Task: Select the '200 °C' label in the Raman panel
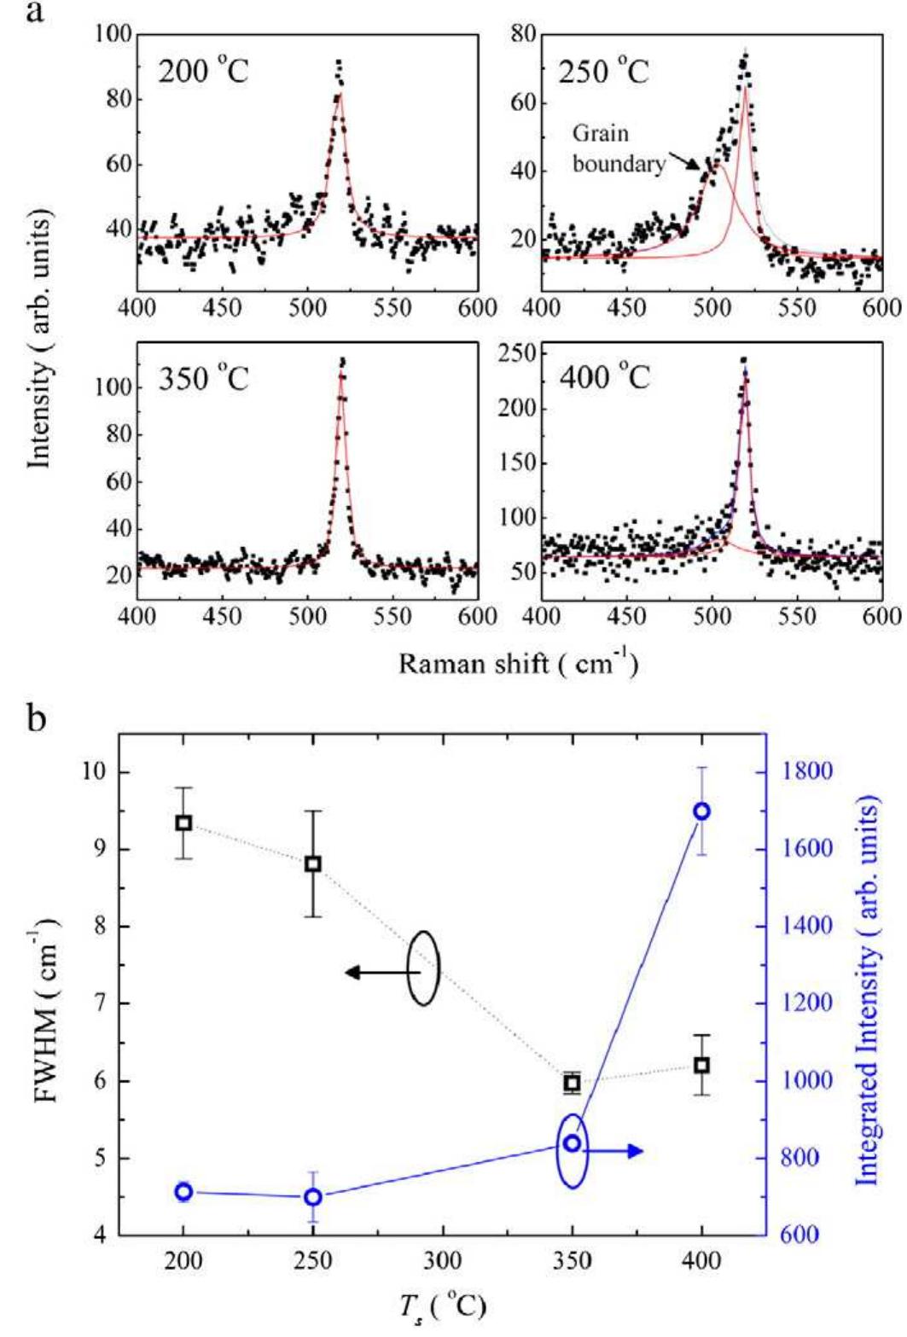(x=203, y=71)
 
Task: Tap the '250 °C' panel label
(x=604, y=70)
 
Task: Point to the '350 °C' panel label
(x=203, y=376)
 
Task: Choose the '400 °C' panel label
(x=604, y=376)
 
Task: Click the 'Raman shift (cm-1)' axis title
(x=518, y=663)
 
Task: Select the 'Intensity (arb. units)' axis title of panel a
(x=38, y=340)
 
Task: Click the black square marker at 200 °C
(x=183, y=823)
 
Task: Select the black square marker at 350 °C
(x=573, y=1083)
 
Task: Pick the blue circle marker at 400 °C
(x=702, y=811)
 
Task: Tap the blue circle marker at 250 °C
(x=313, y=1196)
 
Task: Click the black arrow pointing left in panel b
(x=375, y=972)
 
